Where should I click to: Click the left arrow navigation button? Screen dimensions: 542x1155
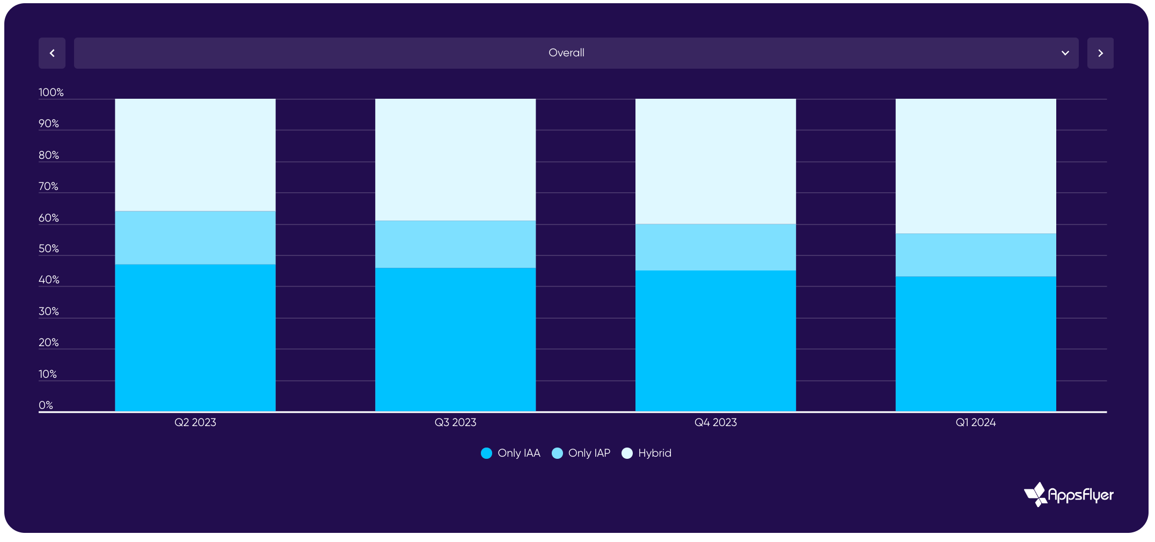[x=52, y=53]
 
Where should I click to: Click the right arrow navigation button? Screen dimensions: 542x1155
[x=1100, y=53]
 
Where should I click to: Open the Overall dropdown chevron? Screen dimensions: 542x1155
[x=1065, y=53]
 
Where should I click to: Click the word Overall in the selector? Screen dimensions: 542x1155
[x=566, y=53]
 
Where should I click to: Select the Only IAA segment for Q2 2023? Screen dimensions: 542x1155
[x=195, y=338]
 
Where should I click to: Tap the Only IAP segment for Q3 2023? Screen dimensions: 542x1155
[x=455, y=244]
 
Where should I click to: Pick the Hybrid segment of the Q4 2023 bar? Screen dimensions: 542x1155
[x=715, y=161]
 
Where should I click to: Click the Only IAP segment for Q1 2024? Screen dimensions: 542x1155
[x=975, y=255]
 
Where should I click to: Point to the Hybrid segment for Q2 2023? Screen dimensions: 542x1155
[x=195, y=155]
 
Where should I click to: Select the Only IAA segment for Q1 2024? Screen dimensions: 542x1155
[x=975, y=343]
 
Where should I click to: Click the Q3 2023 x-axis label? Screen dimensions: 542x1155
[x=455, y=422]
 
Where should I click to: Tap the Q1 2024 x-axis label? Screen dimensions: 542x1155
[x=975, y=422]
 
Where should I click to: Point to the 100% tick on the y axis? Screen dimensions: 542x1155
[x=51, y=92]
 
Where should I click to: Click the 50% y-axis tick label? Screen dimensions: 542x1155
[x=49, y=248]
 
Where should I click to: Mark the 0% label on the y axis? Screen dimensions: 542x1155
[x=46, y=405]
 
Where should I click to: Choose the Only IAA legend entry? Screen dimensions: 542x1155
[x=511, y=453]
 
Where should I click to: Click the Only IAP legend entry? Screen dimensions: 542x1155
[x=581, y=453]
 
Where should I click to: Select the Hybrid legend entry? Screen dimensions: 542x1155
[x=647, y=453]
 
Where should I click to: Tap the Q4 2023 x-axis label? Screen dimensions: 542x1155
[x=715, y=422]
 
